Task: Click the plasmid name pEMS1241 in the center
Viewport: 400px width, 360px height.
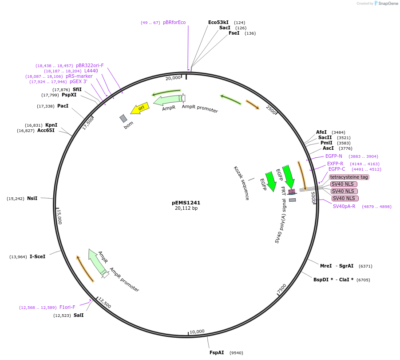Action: pos(186,202)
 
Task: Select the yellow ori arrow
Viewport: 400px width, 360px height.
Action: pos(140,108)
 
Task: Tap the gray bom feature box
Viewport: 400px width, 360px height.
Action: pos(123,118)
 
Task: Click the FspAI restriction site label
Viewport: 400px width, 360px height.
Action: pos(217,352)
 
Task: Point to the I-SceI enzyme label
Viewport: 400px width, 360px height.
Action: pos(37,256)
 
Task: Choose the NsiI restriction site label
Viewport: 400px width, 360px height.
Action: pos(32,198)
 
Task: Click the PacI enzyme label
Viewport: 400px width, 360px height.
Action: pos(63,106)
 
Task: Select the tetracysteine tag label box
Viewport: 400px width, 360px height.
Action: pos(349,177)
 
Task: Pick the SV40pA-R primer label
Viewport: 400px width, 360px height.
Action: pos(344,206)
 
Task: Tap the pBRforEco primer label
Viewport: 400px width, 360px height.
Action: pos(174,22)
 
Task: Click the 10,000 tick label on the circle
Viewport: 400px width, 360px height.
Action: pos(197,331)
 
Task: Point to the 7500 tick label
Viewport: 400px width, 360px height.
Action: pos(282,289)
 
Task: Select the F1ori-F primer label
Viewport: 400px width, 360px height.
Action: pos(67,307)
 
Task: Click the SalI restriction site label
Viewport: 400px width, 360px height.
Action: pos(79,315)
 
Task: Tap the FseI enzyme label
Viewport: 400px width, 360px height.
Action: pos(234,33)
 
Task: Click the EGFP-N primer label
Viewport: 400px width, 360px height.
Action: pos(334,156)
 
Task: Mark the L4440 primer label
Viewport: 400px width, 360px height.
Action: pos(91,71)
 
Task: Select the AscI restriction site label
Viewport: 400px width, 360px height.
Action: pos(328,148)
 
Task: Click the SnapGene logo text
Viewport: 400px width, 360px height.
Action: pos(388,4)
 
